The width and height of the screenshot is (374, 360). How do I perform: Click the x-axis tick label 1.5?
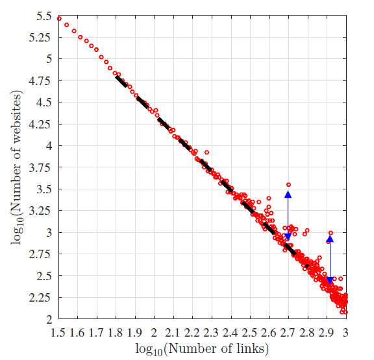coord(58,333)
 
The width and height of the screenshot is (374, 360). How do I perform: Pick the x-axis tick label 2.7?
coord(288,333)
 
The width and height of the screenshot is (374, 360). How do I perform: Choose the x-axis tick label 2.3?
coord(212,333)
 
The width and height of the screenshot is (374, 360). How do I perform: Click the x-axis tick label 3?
coord(345,333)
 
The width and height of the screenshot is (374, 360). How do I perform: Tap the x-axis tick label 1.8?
coord(116,333)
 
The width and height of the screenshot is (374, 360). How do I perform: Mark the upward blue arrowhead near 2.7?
coord(288,194)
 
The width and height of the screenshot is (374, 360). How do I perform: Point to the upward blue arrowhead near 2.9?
coord(330,239)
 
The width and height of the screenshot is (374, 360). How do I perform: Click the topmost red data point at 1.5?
coord(59,18)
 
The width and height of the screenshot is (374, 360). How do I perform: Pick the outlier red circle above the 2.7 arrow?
coord(288,185)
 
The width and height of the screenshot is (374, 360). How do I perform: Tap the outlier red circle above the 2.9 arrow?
coord(330,233)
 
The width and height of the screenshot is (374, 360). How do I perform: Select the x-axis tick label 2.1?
coord(173,333)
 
